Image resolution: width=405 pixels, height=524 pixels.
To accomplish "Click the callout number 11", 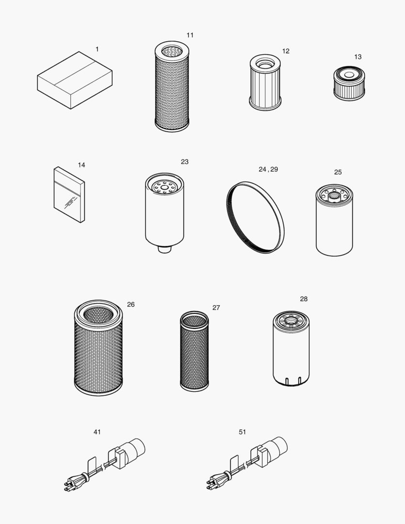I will point(190,35).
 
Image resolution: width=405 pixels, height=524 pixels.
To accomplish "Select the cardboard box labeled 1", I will point(75,81).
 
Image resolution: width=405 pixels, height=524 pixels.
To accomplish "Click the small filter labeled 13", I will point(349,83).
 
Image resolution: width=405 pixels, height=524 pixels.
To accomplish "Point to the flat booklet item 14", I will point(69,195).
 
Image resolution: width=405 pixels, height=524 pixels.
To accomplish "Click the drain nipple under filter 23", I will point(165,249).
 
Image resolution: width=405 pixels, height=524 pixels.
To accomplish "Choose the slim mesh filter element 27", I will point(194,351).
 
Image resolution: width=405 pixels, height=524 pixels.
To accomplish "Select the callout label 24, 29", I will point(268,169).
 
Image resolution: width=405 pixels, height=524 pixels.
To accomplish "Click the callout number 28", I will point(304,299).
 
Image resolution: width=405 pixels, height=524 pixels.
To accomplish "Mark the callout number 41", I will point(97,432).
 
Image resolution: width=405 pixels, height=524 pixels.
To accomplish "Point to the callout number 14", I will point(81,165).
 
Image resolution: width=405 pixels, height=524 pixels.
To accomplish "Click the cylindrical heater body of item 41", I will point(132,449).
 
